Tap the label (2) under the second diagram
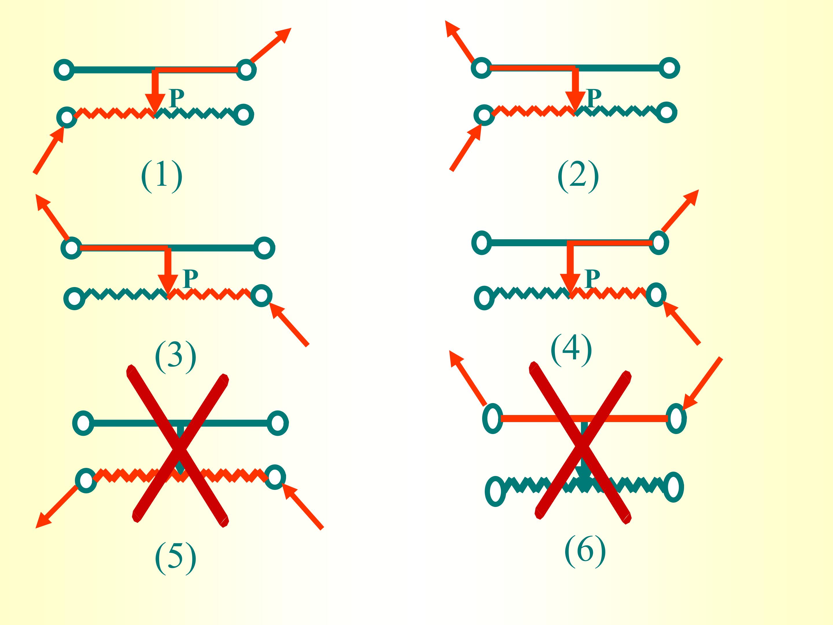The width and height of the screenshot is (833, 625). tap(578, 176)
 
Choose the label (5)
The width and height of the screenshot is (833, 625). tap(176, 558)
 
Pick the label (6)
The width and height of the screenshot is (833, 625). tap(585, 550)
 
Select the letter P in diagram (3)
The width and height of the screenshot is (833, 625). tap(190, 279)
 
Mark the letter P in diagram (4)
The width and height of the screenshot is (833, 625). tap(592, 279)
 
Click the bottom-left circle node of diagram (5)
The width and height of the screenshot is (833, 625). tap(86, 480)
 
